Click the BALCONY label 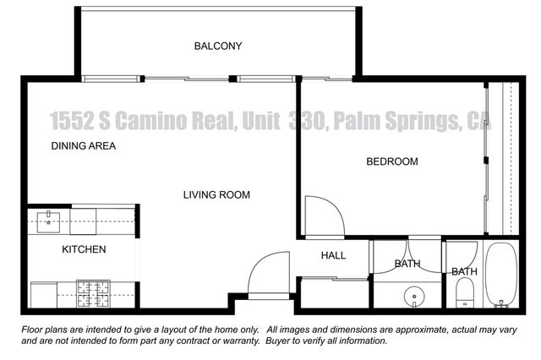coord(217,46)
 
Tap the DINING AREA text coord(83,145)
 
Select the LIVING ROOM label coord(216,195)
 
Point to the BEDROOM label coord(391,161)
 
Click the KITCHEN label coord(84,249)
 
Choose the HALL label coord(333,255)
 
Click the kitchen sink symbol coord(46,222)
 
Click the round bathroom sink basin coord(413,296)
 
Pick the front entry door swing coord(269,275)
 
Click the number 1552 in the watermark coord(72,123)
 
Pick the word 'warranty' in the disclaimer coord(236,341)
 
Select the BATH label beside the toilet coord(464,271)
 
